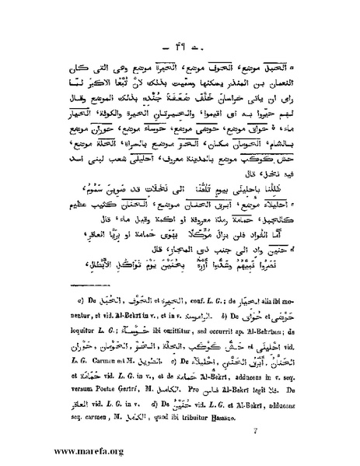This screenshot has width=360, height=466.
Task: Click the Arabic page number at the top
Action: pos(180,37)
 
